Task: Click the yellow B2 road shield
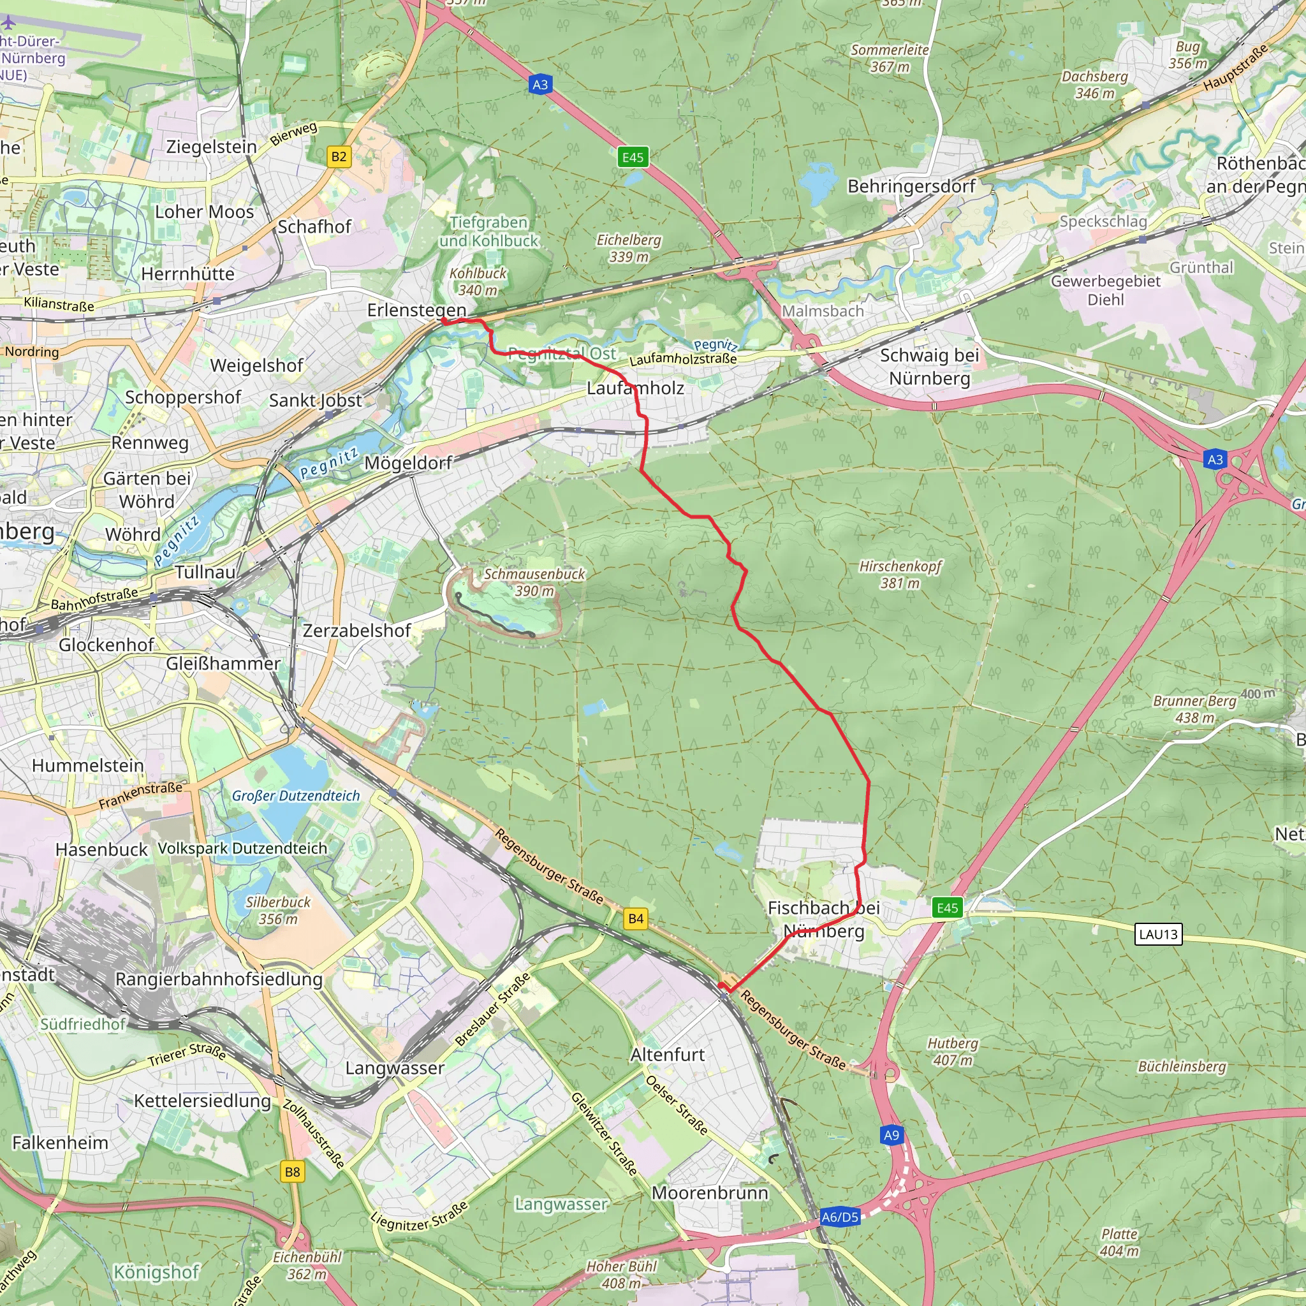point(339,157)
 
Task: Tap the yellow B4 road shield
point(635,918)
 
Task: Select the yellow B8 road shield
point(292,1171)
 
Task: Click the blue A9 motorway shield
point(891,1135)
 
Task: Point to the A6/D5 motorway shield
point(840,1217)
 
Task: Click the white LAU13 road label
point(1158,934)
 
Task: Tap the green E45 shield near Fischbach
point(947,908)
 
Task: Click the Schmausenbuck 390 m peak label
point(534,582)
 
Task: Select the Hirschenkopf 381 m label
point(900,574)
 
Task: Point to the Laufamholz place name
point(635,388)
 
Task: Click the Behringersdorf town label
point(911,186)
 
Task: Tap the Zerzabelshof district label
point(356,631)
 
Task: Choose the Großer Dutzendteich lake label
point(295,796)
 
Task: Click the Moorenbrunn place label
point(710,1193)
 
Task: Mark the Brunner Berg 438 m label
point(1194,709)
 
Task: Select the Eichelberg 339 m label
point(629,248)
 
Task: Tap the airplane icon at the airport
point(8,22)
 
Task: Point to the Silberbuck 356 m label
point(278,911)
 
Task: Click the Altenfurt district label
point(667,1055)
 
